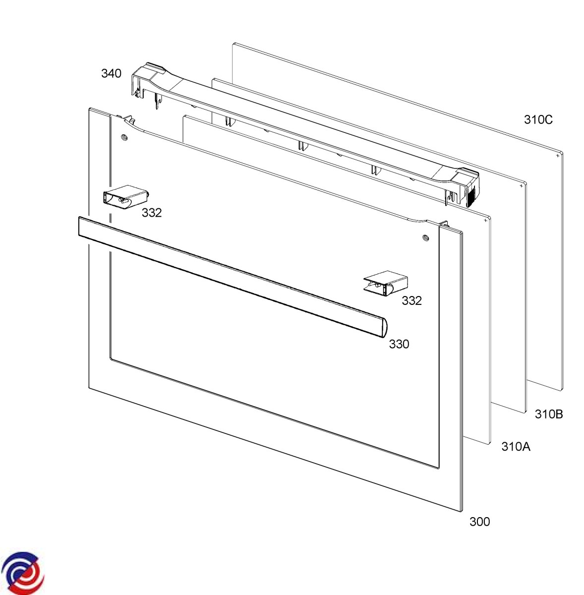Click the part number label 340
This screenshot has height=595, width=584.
point(111,73)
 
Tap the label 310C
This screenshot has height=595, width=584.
point(538,119)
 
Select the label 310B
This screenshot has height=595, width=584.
point(549,415)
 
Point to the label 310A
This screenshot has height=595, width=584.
point(516,446)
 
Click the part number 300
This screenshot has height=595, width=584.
point(479,522)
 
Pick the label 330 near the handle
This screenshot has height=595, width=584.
point(399,344)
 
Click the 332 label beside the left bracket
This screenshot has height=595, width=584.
point(152,213)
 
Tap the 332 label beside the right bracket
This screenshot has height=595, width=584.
point(411,300)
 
